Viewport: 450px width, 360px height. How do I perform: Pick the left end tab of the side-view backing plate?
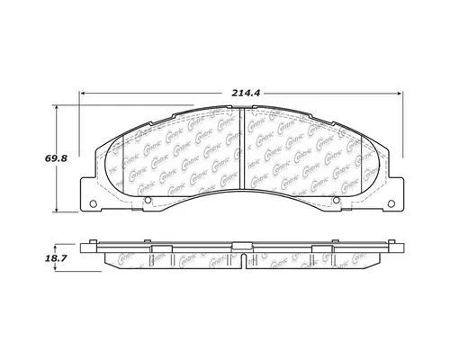[90, 248]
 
